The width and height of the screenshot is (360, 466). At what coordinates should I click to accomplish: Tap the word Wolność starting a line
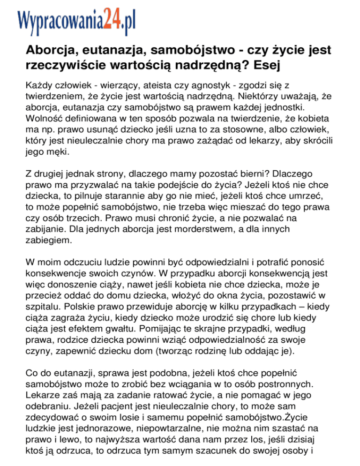click(x=43, y=119)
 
